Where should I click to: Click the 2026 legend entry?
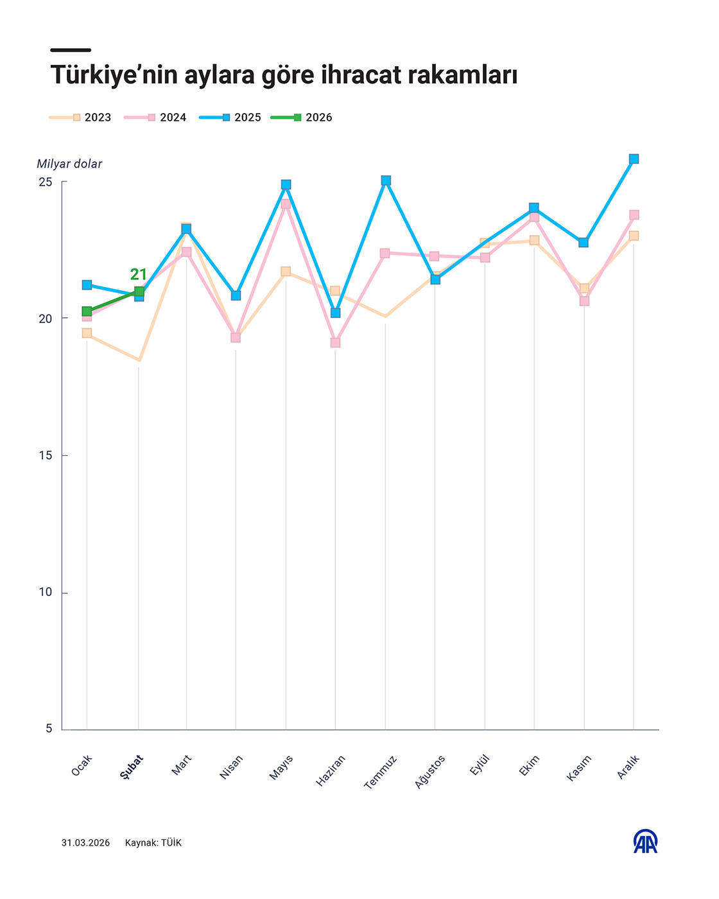click(x=302, y=118)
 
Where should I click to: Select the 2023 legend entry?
click(x=81, y=118)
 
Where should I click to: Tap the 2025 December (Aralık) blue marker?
click(x=634, y=159)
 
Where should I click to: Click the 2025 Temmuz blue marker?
click(x=385, y=180)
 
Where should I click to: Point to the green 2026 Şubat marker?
click(x=139, y=292)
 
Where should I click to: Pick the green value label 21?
click(x=139, y=274)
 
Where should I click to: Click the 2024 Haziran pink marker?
click(x=335, y=342)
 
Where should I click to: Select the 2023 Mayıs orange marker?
click(x=286, y=272)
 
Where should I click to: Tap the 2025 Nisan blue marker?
click(x=236, y=295)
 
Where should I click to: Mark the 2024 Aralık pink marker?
click(x=634, y=214)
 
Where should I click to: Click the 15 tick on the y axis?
click(x=45, y=455)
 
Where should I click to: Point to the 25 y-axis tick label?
click(x=45, y=182)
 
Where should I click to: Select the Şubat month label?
click(x=132, y=767)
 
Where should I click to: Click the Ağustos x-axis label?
click(x=429, y=771)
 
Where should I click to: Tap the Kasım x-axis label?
click(x=578, y=768)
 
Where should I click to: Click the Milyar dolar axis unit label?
click(x=69, y=164)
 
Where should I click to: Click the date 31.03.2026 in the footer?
click(x=85, y=842)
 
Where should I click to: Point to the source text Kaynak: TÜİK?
click(x=153, y=842)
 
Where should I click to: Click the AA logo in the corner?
click(x=645, y=841)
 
